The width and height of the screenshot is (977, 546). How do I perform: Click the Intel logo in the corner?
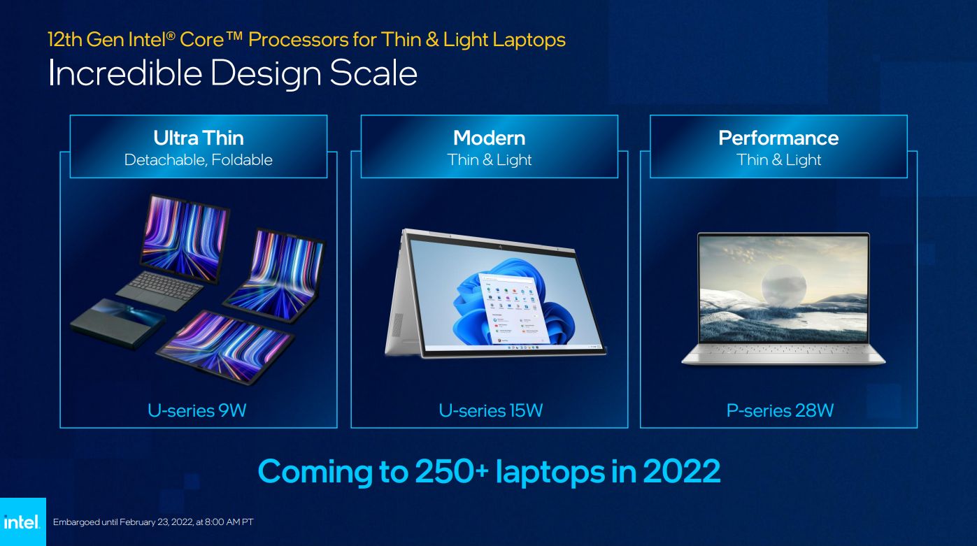(x=22, y=522)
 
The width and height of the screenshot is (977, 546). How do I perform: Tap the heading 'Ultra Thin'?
(x=199, y=138)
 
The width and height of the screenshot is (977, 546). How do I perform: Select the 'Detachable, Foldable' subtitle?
(x=199, y=160)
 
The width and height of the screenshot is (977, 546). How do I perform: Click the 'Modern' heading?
(x=490, y=138)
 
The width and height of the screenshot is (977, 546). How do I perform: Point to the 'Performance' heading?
(x=778, y=138)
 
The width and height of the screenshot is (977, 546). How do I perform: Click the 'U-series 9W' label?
(x=197, y=410)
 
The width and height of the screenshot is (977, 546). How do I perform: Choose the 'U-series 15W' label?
(x=491, y=410)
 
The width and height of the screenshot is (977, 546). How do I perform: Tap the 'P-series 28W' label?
(x=780, y=410)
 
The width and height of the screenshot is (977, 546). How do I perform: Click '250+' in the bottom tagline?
(x=452, y=471)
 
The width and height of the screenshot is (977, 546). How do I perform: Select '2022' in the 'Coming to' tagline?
(x=682, y=471)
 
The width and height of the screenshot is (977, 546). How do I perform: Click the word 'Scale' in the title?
(x=373, y=73)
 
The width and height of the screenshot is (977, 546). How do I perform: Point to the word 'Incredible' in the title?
(x=125, y=73)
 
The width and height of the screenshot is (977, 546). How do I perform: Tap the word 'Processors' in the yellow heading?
(x=299, y=40)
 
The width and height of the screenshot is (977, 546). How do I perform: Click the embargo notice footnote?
(x=153, y=522)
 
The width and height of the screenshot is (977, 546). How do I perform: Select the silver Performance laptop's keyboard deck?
(x=783, y=353)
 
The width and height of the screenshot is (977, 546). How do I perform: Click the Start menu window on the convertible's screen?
(x=511, y=308)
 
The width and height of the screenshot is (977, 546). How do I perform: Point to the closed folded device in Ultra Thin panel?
(x=117, y=323)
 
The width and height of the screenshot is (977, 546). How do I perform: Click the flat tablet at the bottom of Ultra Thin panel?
(x=225, y=347)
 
